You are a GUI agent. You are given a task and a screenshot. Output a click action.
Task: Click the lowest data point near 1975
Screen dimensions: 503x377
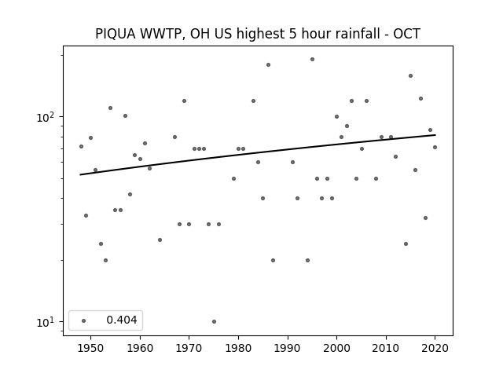[214, 321]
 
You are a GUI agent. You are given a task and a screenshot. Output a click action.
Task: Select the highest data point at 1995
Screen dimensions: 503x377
[312, 60]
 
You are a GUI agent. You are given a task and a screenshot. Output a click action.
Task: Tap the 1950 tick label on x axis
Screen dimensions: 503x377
[91, 348]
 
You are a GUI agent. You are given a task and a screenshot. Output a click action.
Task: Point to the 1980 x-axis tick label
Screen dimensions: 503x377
[238, 348]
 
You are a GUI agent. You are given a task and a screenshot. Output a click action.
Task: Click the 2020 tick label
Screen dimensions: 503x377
[435, 348]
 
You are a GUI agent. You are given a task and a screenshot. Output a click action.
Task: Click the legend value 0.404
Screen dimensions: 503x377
[122, 320]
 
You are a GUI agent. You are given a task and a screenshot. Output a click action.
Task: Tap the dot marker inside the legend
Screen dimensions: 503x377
[84, 320]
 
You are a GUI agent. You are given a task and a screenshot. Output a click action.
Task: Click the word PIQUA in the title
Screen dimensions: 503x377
[116, 34]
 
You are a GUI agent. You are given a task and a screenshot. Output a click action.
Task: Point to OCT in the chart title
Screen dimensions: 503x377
[406, 34]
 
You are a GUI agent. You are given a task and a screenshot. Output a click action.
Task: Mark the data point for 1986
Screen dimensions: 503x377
[268, 64]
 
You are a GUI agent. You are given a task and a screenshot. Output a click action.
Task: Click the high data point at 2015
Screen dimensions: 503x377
[410, 75]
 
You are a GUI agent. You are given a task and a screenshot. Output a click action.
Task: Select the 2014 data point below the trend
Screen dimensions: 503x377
[406, 244]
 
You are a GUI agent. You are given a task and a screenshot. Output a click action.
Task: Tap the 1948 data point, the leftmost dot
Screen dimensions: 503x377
[81, 147]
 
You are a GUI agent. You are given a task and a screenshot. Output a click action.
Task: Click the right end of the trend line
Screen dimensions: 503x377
[435, 135]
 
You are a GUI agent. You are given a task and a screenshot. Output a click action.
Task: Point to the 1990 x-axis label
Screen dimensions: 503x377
[288, 348]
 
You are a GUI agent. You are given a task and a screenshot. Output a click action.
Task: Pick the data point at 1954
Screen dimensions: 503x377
[110, 108]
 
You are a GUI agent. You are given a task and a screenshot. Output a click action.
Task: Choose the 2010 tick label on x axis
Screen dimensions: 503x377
[386, 348]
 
